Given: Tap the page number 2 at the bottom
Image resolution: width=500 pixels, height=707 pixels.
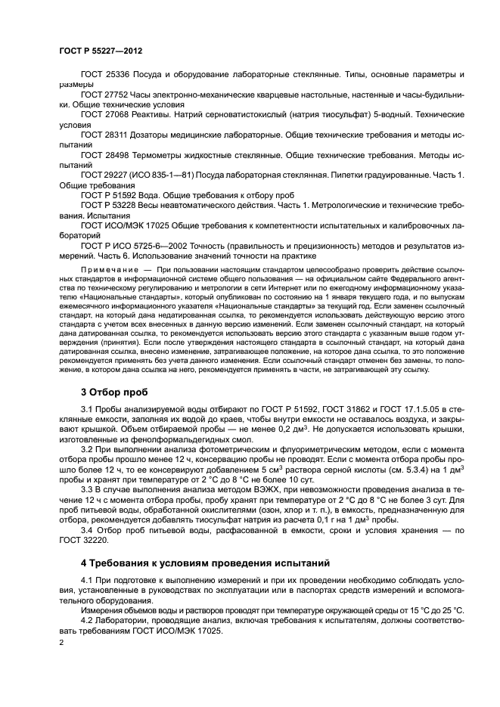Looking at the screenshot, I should point(61,641).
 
